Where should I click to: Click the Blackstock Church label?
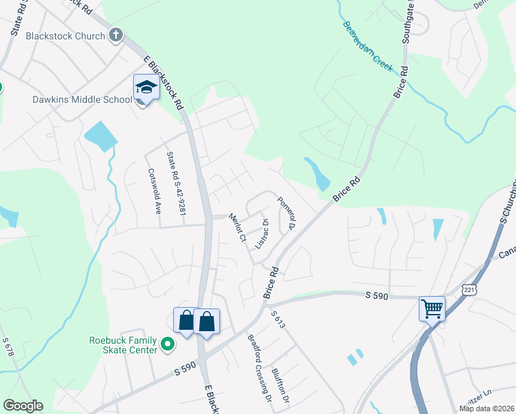[66, 36]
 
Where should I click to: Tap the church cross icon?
[117, 35]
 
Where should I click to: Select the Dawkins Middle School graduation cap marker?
[146, 88]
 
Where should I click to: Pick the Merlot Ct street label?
[238, 226]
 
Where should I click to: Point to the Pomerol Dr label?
[286, 213]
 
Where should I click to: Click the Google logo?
[23, 406]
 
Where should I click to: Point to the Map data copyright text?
[487, 408]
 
